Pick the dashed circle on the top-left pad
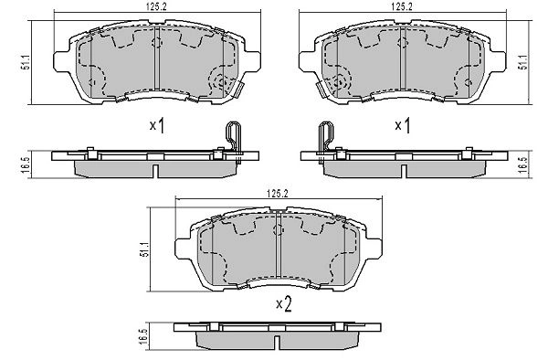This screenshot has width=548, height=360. click(221, 82)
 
